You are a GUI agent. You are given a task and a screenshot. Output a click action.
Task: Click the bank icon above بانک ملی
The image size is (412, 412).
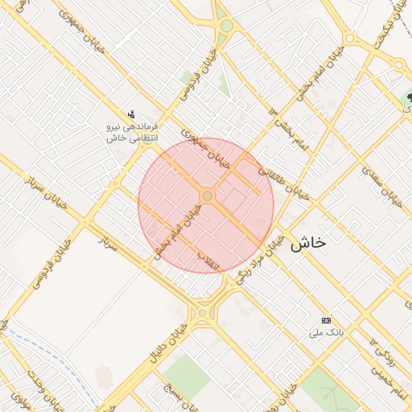pyautogui.click(x=326, y=319)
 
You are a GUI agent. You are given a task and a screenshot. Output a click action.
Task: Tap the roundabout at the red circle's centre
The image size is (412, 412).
pyautogui.click(x=207, y=196)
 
